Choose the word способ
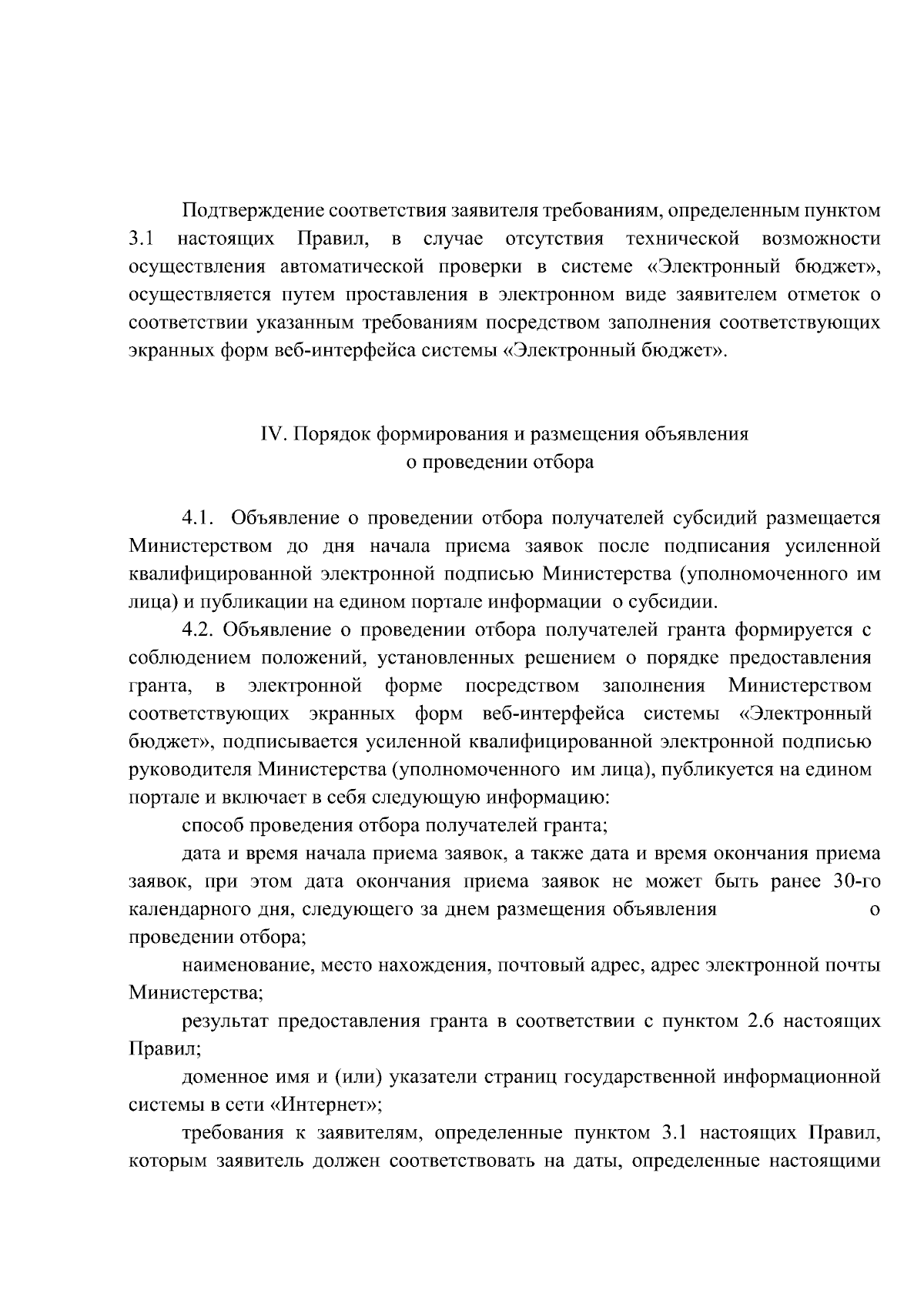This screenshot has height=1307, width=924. click(211, 827)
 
